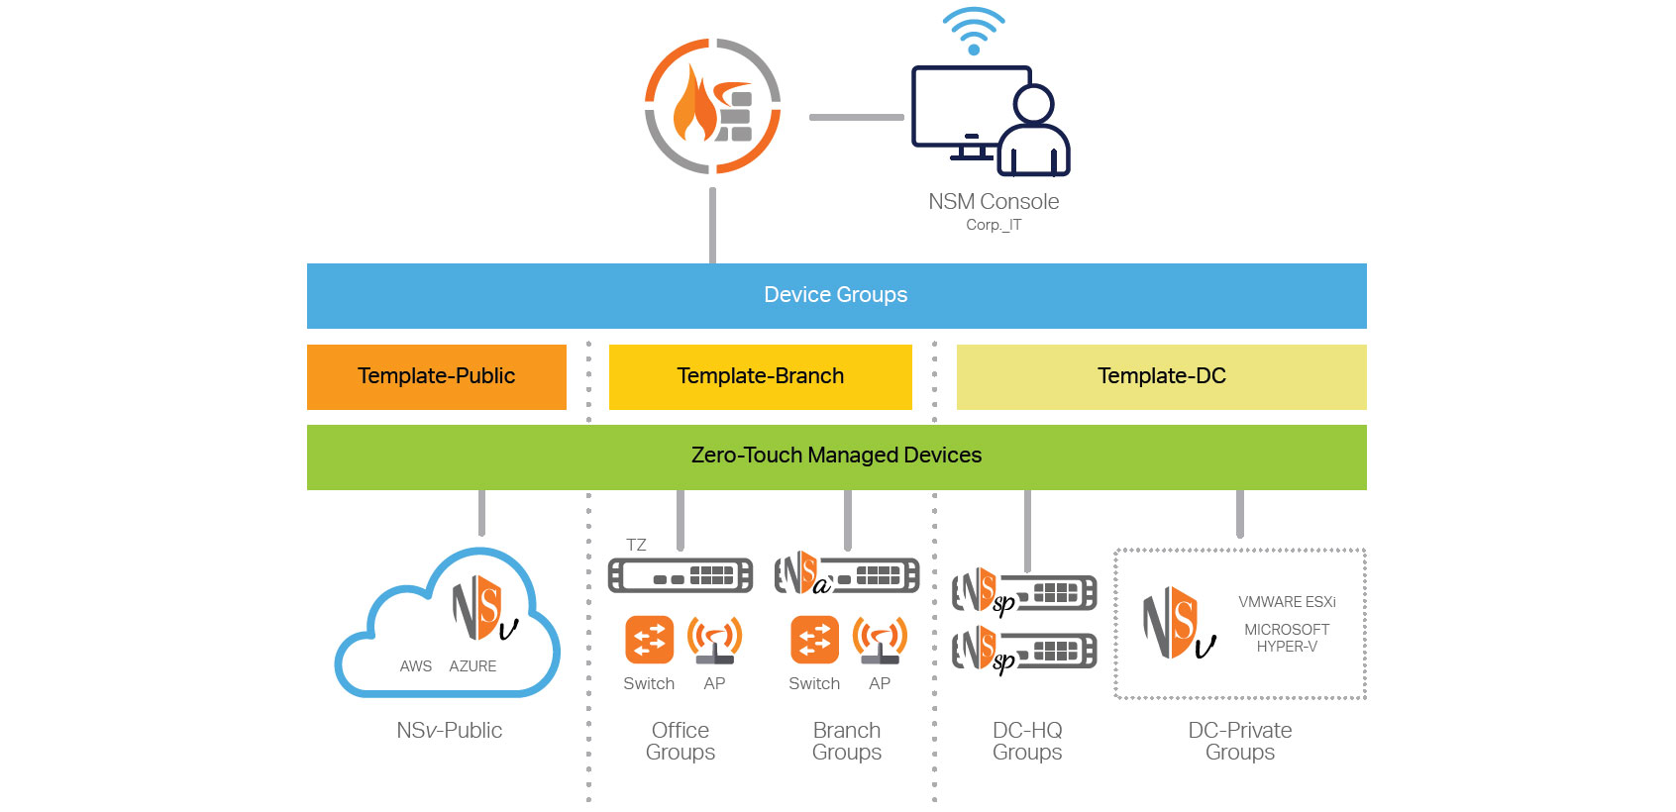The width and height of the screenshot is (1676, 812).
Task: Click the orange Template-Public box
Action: click(436, 376)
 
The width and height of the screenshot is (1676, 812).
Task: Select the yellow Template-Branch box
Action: click(760, 376)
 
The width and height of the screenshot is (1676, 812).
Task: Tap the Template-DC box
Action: click(1161, 376)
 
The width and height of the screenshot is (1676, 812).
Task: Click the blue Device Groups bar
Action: click(836, 295)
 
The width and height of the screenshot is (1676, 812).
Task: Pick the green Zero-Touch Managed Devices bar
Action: click(836, 457)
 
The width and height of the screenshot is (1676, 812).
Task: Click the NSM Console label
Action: click(994, 202)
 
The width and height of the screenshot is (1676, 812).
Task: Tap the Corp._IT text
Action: click(994, 225)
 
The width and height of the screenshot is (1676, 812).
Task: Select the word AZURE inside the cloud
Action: click(472, 666)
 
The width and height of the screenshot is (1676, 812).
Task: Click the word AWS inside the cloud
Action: click(416, 666)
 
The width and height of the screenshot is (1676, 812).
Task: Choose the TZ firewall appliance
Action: click(680, 575)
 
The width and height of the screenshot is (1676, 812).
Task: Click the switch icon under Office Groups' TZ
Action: click(649, 640)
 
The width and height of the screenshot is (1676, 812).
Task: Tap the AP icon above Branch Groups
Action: click(880, 640)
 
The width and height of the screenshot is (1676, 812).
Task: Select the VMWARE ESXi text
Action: click(1287, 602)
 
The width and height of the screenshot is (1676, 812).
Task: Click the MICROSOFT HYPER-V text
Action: click(1287, 638)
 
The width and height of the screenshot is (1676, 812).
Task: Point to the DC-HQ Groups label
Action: click(1027, 741)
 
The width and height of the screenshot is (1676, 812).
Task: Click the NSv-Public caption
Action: click(449, 731)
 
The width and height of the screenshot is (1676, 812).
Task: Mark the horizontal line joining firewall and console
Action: click(856, 117)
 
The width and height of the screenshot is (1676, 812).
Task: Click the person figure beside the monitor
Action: click(1033, 134)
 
